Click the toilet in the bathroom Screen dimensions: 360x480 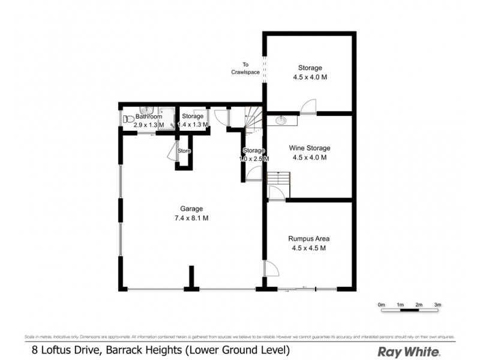(x=127, y=119)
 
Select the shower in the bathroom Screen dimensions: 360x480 (x=170, y=118)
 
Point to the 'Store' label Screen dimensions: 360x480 (x=184, y=151)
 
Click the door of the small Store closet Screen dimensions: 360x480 (x=172, y=151)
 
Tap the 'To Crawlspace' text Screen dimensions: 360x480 (x=245, y=68)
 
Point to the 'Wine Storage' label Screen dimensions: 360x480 (x=310, y=148)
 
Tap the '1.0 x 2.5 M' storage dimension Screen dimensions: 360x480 (x=254, y=159)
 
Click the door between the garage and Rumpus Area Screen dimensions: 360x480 (x=271, y=269)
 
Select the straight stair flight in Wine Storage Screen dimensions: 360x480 (x=279, y=179)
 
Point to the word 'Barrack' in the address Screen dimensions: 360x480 (x=125, y=350)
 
